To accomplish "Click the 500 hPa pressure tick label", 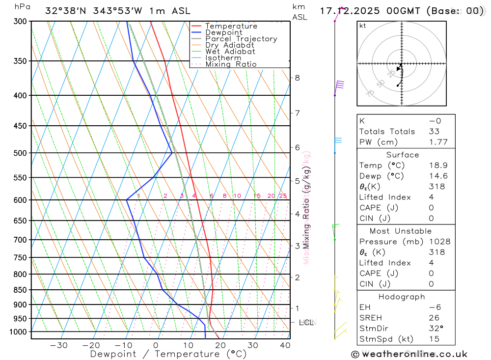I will pyautogui.click(x=21, y=153).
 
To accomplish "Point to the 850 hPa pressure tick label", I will pyautogui.click(x=21, y=290).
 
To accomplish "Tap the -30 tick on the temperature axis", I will pyautogui.click(x=59, y=345).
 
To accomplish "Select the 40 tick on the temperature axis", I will pyautogui.click(x=285, y=345).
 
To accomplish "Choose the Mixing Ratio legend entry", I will pyautogui.click(x=231, y=64).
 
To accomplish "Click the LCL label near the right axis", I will pyautogui.click(x=306, y=323).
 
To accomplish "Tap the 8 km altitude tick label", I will pyautogui.click(x=298, y=78).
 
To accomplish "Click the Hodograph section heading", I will pyautogui.click(x=402, y=297).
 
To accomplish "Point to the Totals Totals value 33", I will pyautogui.click(x=434, y=132).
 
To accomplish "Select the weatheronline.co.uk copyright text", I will pyautogui.click(x=409, y=354).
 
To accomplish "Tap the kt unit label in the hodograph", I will pyautogui.click(x=363, y=26).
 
